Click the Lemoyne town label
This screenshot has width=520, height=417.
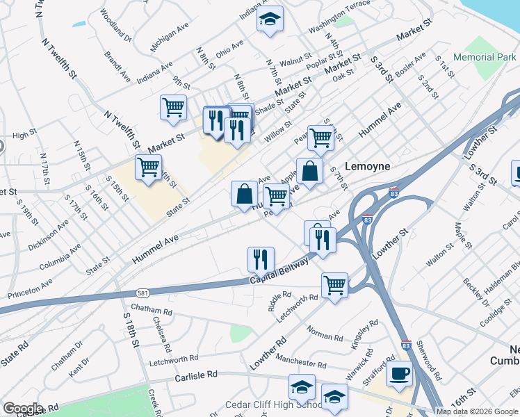pos(371,167)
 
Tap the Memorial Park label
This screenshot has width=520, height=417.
pos(485,57)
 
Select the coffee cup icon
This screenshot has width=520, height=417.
pos(399,373)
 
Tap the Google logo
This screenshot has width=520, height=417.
pos(23,409)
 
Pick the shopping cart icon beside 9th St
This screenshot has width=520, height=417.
pos(173,107)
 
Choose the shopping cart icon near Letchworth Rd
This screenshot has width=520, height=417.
pos(335,284)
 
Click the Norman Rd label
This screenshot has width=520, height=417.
pos(325,337)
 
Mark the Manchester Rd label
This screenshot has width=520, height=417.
pos(300,361)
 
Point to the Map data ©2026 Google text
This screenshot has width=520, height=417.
pos(476,411)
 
